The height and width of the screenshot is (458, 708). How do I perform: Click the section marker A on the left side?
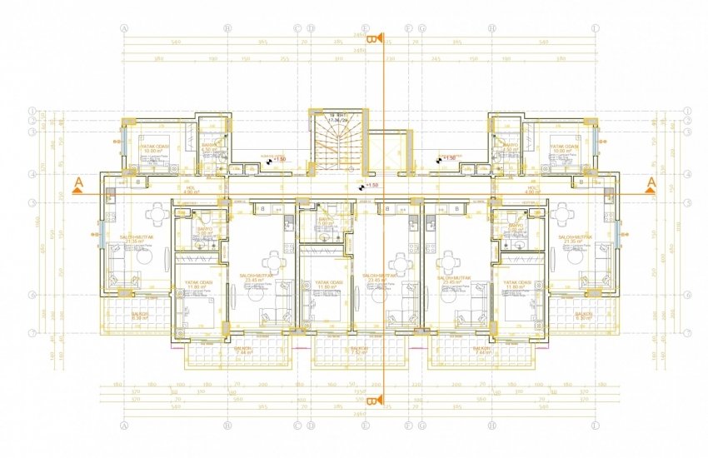click(x=77, y=183)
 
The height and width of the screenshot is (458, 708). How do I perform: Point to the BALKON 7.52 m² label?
click(x=360, y=351)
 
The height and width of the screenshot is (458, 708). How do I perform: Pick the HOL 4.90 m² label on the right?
click(x=534, y=191)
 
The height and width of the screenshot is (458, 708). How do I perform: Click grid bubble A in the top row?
click(x=124, y=27)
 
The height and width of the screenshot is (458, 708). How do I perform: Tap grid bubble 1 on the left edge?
click(x=32, y=110)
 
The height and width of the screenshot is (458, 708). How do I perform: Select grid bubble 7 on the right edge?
click(x=689, y=333)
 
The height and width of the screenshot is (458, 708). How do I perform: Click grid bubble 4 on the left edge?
click(x=32, y=174)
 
